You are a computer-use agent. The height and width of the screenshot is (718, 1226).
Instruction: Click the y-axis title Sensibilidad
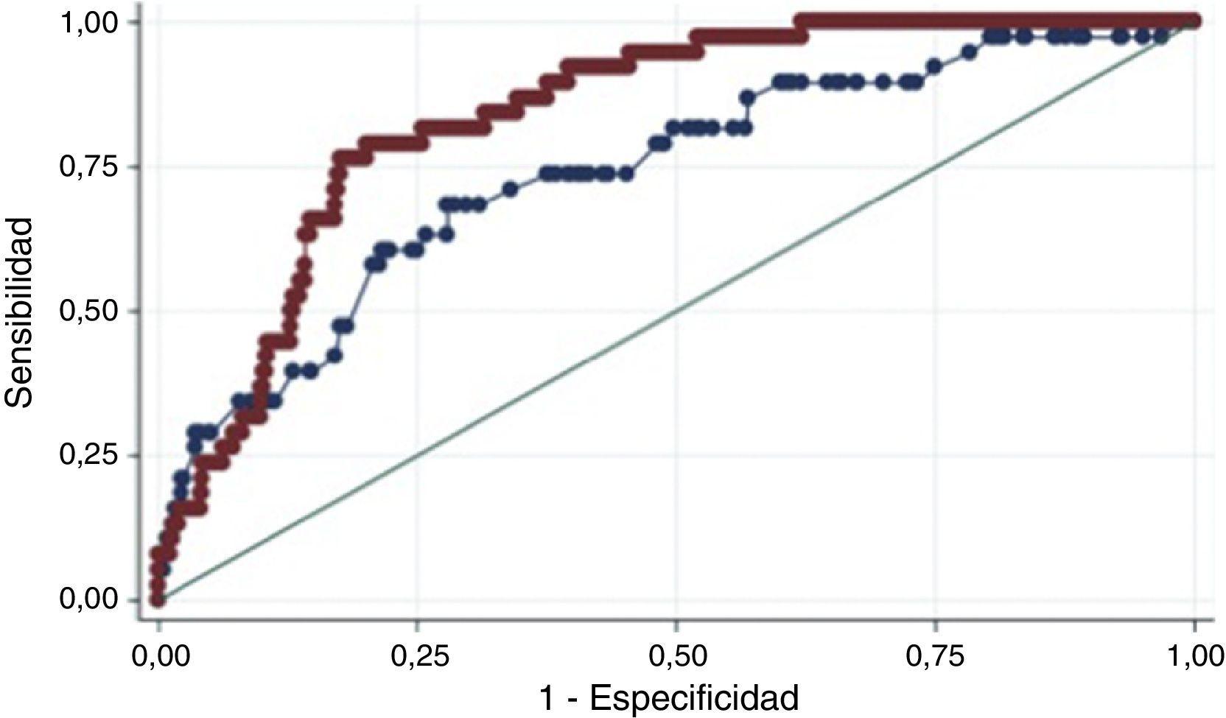[20, 312]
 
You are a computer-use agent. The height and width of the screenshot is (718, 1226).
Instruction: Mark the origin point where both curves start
[158, 600]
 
